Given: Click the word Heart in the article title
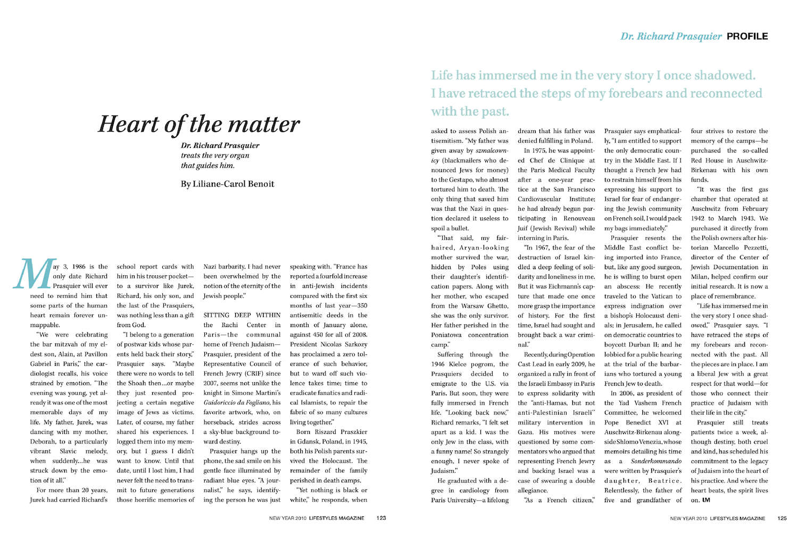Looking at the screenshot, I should pos(128,124).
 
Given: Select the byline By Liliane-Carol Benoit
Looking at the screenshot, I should pos(227,184).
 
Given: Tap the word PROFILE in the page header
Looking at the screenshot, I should pos(747,36).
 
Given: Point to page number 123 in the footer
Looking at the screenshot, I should pos(381,518).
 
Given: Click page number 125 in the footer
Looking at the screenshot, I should pos(782,518).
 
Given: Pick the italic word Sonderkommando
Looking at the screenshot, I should pos(656,461).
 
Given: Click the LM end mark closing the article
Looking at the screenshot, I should pos(706,500).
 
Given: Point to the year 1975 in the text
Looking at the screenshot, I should pos(543,151).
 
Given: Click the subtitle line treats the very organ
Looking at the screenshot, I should pos(215,155).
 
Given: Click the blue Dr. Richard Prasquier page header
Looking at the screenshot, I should pos(671,36).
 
